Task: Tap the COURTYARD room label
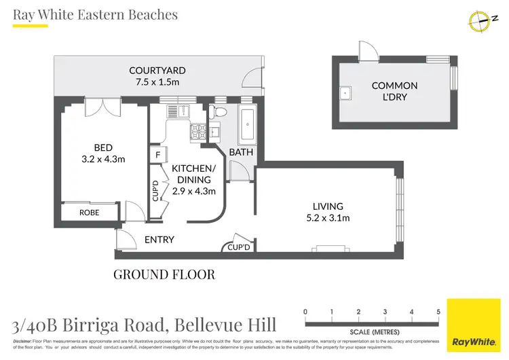tap(158, 77)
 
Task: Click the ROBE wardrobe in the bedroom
tap(90, 212)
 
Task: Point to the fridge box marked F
tap(157, 155)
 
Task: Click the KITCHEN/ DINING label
tap(193, 179)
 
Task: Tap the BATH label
tap(240, 152)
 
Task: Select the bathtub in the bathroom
tap(245, 123)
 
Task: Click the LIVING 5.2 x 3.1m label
tap(328, 212)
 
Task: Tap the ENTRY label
tap(159, 240)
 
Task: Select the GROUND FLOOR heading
tap(164, 275)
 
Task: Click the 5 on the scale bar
tap(438, 311)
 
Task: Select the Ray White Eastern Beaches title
tap(95, 14)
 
